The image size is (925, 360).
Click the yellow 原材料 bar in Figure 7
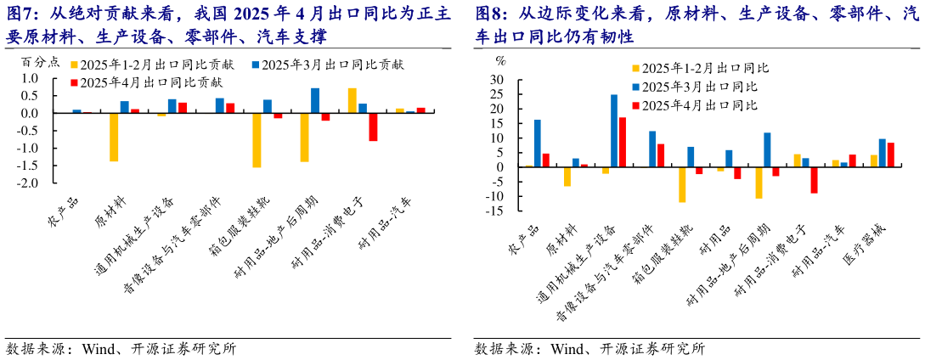tap(114, 137)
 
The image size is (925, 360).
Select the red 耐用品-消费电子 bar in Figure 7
tap(373, 127)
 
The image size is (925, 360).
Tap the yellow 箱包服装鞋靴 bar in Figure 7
tap(257, 140)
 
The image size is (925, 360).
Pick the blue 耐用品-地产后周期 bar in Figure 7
tap(315, 100)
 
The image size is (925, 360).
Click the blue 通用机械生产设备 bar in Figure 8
tap(614, 131)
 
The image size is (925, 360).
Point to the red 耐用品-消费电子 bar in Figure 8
tap(814, 180)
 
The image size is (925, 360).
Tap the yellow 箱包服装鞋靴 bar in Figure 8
tap(681, 184)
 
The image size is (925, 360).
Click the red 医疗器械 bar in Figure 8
tap(890, 155)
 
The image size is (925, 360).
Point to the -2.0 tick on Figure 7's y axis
tap(27, 183)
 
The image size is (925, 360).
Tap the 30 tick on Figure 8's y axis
tap(499, 80)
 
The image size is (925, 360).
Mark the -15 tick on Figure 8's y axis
tap(497, 211)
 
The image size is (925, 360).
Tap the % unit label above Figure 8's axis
tap(500, 60)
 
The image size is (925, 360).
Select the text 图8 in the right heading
tap(490, 14)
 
